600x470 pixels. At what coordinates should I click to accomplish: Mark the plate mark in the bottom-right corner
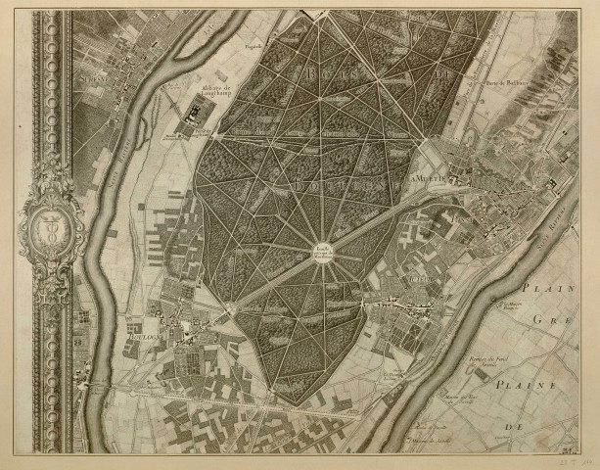point(567,451)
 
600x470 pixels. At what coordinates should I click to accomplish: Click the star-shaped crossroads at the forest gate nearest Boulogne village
point(232,307)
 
